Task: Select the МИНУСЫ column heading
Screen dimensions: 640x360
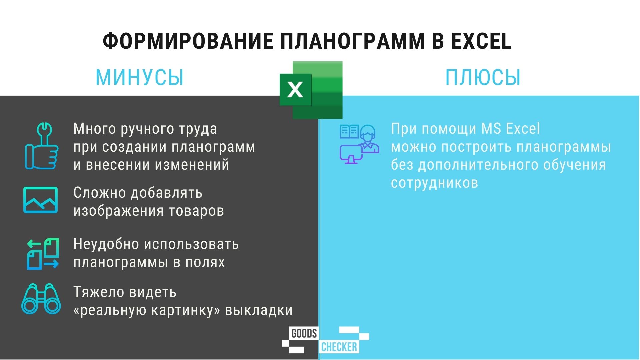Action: (x=140, y=77)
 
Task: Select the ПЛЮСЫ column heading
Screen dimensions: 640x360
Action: (x=483, y=77)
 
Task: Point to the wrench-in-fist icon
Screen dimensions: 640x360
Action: (x=42, y=146)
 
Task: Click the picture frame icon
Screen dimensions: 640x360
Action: (x=40, y=200)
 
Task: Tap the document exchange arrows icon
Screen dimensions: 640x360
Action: (x=43, y=254)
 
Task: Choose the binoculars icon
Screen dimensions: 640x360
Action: (x=41, y=299)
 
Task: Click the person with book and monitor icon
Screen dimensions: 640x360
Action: (x=359, y=144)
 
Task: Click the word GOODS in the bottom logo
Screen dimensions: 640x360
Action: (x=304, y=333)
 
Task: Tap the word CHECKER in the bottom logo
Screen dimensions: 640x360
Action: (x=339, y=347)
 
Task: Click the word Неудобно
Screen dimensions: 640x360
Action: (x=106, y=244)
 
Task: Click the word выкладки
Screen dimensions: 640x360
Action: (x=259, y=310)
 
